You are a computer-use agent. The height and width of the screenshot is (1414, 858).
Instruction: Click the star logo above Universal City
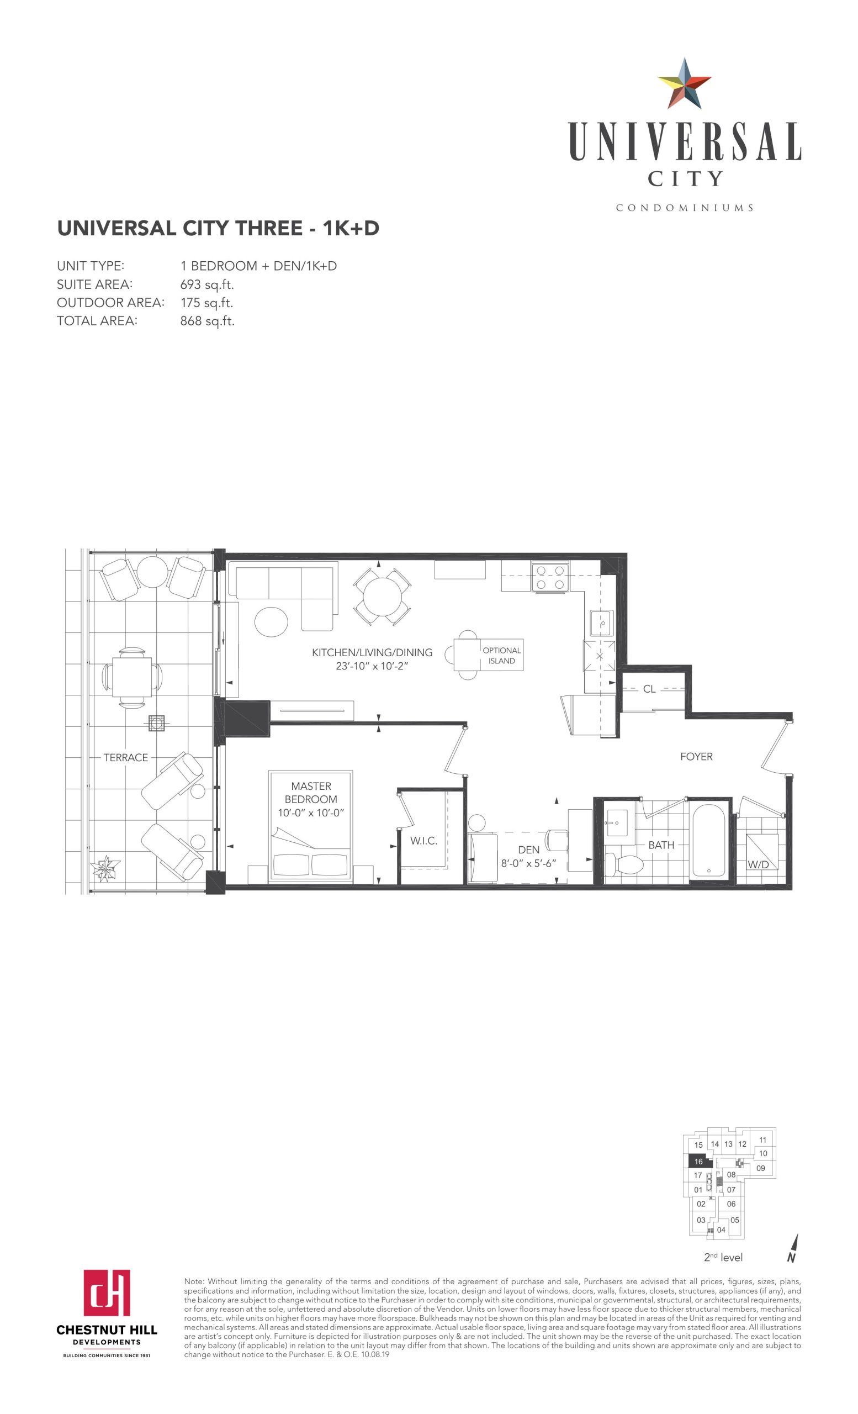pyautogui.click(x=684, y=83)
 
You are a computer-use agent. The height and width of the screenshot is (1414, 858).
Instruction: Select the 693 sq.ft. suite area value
pyautogui.click(x=207, y=284)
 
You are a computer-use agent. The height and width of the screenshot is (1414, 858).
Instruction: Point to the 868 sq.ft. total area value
pyautogui.click(x=207, y=321)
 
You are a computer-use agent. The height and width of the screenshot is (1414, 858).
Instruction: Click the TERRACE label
pyautogui.click(x=125, y=757)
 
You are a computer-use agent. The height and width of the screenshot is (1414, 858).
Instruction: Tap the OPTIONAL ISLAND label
pyautogui.click(x=502, y=655)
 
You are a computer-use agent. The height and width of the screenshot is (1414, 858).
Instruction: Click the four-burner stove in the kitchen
pyautogui.click(x=549, y=577)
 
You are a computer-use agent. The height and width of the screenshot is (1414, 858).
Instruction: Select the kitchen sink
pyautogui.click(x=602, y=622)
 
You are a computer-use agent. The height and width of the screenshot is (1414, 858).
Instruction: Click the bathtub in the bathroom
pyautogui.click(x=709, y=841)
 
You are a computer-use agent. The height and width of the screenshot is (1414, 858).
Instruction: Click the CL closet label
pyautogui.click(x=649, y=689)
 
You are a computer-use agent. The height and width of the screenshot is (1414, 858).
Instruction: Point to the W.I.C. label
pyautogui.click(x=423, y=841)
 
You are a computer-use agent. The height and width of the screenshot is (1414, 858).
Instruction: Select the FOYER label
pyautogui.click(x=696, y=756)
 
